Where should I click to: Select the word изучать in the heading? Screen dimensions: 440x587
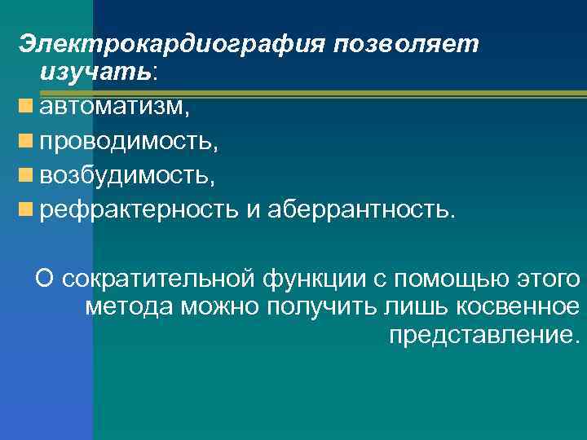pyautogui.click(x=95, y=73)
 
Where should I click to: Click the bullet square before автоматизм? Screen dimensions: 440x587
pyautogui.click(x=28, y=106)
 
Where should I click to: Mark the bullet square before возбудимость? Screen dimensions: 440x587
pyautogui.click(x=28, y=174)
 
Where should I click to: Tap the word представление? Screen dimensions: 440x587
pyautogui.click(x=485, y=335)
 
